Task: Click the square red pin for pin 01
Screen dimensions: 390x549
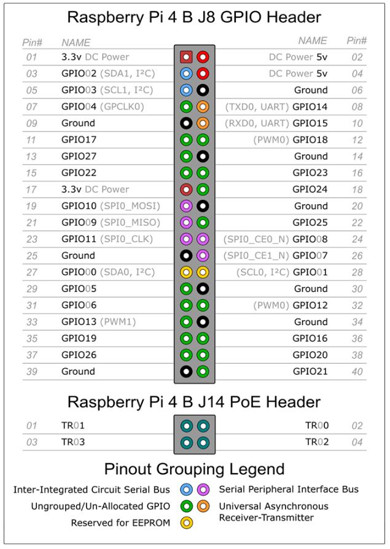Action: point(186,56)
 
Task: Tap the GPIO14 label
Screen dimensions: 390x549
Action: point(310,107)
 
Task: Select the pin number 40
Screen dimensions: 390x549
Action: point(357,372)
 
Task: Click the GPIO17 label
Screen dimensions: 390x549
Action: point(79,140)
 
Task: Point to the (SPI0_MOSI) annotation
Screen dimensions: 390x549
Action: point(130,206)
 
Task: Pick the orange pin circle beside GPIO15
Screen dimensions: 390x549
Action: point(203,123)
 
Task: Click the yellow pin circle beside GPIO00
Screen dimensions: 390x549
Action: point(186,272)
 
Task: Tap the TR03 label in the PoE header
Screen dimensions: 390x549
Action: point(73,442)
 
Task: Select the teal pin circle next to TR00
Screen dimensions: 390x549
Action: point(203,426)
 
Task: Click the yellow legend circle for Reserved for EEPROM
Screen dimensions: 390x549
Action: point(187,523)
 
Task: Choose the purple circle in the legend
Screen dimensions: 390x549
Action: point(203,489)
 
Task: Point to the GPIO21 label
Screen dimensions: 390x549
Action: point(310,372)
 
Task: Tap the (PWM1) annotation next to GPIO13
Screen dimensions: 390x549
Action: point(118,322)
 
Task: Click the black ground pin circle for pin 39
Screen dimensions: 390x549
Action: point(186,372)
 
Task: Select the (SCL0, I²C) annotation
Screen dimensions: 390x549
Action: point(263,272)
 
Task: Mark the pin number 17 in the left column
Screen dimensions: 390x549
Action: point(31,190)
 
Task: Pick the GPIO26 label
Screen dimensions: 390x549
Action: point(79,355)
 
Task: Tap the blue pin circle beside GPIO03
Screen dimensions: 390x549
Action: point(186,90)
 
